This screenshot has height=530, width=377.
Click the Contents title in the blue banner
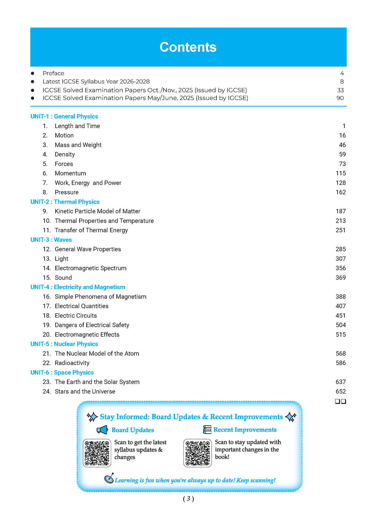pos(188,47)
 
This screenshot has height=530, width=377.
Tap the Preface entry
pos(53,73)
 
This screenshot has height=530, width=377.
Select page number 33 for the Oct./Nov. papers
pos(340,90)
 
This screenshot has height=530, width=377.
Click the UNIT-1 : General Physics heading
pos(64,116)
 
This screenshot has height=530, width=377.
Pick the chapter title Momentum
pos(70,173)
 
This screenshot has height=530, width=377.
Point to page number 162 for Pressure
pos(341,192)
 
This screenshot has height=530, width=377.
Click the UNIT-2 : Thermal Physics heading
pos(65,202)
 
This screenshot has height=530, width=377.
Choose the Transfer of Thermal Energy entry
pos(91,230)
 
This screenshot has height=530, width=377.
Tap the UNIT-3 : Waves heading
pos(51,240)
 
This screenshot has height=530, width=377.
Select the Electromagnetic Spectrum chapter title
pos(91,268)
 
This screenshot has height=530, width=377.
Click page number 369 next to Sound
pos(341,278)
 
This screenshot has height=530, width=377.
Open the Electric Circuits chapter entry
pos(76,315)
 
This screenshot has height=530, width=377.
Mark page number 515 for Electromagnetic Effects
pos(341,335)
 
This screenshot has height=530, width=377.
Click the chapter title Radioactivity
pos(72,363)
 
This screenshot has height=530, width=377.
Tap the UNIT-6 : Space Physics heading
pos(62,372)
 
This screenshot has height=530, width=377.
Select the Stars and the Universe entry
pos(85,392)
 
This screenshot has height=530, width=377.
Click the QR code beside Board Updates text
pos(97,453)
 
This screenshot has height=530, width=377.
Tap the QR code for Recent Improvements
pos(197,453)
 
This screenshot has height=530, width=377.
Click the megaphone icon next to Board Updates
pos(102,430)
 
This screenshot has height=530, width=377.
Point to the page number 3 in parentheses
pos(188,499)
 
